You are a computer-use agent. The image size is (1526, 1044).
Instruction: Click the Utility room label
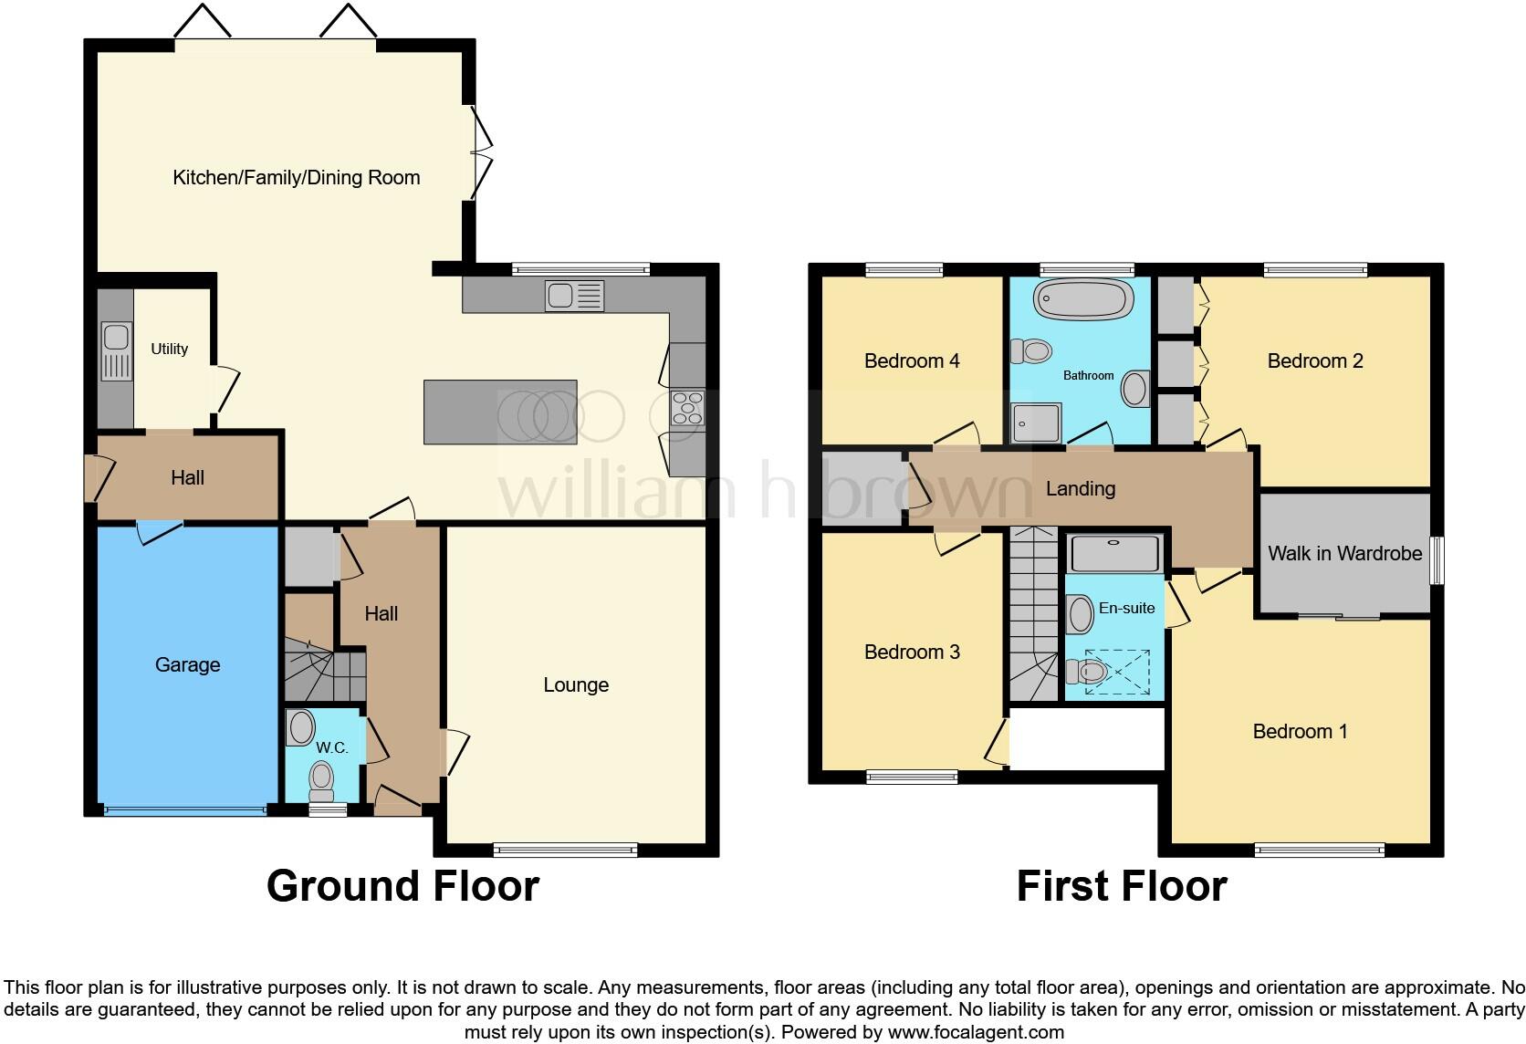[x=170, y=349]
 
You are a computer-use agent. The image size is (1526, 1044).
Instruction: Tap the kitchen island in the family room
[x=500, y=412]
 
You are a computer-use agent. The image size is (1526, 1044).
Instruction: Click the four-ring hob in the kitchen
[x=687, y=407]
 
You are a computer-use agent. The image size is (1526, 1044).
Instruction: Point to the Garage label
[x=187, y=664]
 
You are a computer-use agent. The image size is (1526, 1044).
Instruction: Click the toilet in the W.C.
[x=321, y=780]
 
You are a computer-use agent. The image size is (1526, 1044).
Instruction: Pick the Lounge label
[x=576, y=684]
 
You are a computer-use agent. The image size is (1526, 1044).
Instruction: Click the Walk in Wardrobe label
[x=1344, y=553]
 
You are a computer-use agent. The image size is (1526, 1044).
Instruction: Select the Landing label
[x=1080, y=488]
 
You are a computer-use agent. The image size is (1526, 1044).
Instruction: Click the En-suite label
[x=1126, y=608]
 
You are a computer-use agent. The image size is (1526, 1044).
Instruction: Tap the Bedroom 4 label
[x=911, y=360]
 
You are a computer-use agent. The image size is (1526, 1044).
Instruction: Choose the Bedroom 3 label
[x=911, y=652]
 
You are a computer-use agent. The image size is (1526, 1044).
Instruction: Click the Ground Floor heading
[x=402, y=886]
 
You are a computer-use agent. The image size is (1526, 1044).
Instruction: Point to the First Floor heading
[x=1122, y=886]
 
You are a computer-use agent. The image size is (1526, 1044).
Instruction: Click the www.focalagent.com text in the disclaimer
[x=976, y=1033]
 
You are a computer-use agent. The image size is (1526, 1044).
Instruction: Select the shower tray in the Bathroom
[x=1036, y=423]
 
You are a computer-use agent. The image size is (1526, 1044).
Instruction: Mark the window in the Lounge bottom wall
[x=565, y=850]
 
